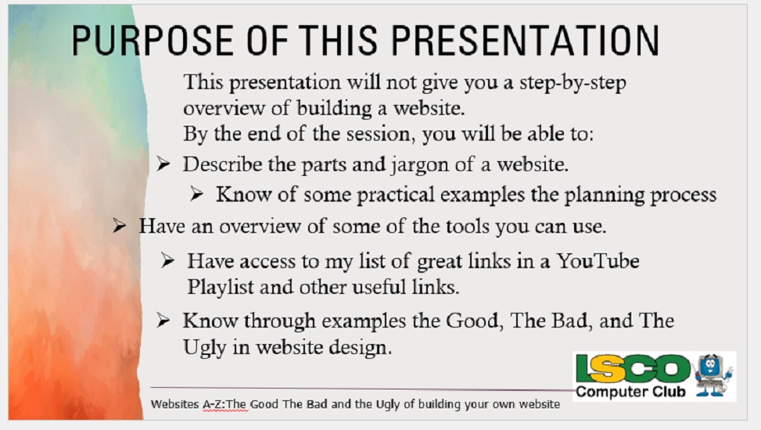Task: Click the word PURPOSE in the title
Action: [x=153, y=41]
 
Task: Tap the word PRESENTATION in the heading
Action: [x=525, y=41]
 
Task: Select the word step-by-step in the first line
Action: [x=573, y=83]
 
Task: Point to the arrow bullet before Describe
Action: [x=163, y=164]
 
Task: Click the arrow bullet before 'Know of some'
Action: [x=196, y=194]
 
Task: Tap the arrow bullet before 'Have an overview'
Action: [x=120, y=225]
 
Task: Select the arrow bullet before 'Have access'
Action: [x=167, y=260]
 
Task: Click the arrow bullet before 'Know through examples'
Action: [x=163, y=321]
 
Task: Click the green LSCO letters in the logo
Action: [x=633, y=369]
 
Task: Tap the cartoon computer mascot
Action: [x=713, y=375]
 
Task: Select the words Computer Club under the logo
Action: [x=630, y=392]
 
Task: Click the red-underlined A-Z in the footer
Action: [x=214, y=404]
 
